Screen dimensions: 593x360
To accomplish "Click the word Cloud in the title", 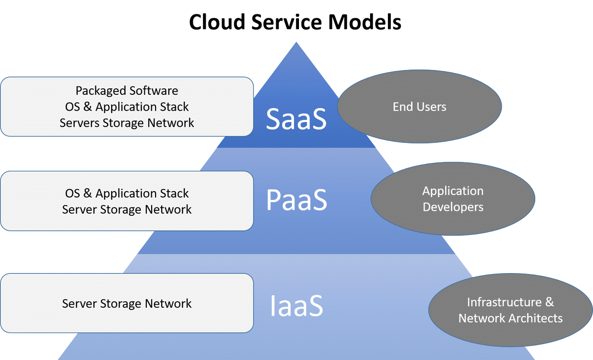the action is (217, 22).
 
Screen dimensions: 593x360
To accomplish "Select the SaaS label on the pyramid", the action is (296, 119).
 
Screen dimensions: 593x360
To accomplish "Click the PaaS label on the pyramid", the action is (296, 200).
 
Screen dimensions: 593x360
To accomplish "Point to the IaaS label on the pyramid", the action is (296, 306).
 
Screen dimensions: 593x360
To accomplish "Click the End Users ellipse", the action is (420, 106).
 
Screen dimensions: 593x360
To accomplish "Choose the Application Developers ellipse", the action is (453, 199).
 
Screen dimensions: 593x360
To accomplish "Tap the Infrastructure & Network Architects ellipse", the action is (510, 310).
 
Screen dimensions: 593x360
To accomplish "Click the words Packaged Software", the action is (127, 91).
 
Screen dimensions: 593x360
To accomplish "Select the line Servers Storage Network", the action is (127, 123).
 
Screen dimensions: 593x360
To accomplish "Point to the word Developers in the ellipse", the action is (453, 207).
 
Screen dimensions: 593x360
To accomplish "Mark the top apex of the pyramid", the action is (296, 42).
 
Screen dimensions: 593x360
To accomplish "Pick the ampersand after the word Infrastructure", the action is (550, 302).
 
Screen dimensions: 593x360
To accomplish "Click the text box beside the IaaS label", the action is (127, 303).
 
